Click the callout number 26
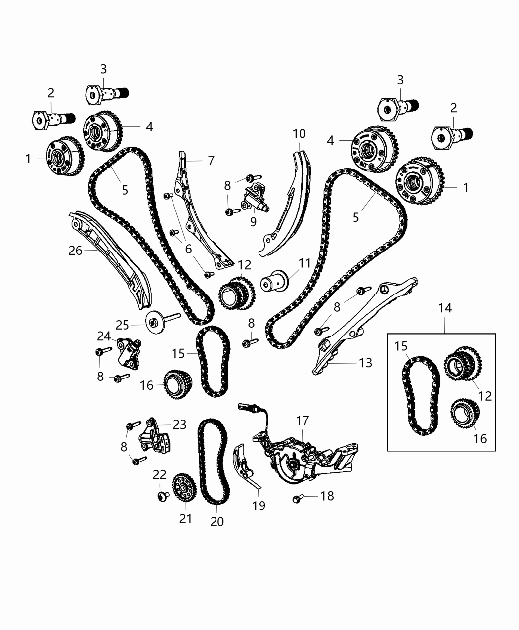pyautogui.click(x=75, y=251)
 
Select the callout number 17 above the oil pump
pyautogui.click(x=303, y=420)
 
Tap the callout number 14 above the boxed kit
pyautogui.click(x=444, y=308)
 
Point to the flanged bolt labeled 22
pyautogui.click(x=160, y=495)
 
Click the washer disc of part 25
pyautogui.click(x=154, y=324)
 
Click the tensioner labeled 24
pyautogui.click(x=129, y=351)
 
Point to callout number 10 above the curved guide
pyautogui.click(x=299, y=134)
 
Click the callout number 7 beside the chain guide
pyautogui.click(x=211, y=160)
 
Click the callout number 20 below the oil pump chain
pyautogui.click(x=217, y=521)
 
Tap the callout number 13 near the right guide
pyautogui.click(x=366, y=363)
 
